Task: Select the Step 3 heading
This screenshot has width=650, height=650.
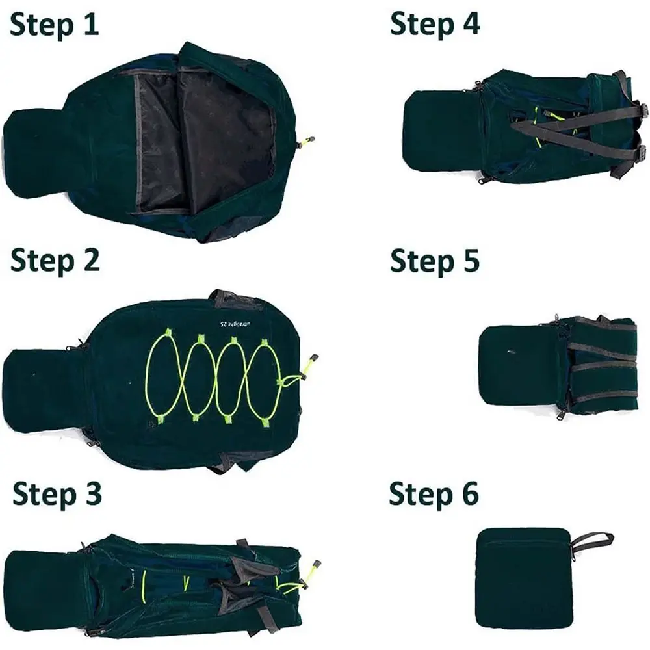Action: pyautogui.click(x=57, y=494)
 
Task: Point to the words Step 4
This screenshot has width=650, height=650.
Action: pyautogui.click(x=435, y=24)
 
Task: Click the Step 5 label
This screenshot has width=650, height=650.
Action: pyautogui.click(x=435, y=260)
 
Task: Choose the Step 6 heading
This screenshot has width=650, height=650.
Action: pyautogui.click(x=434, y=494)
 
